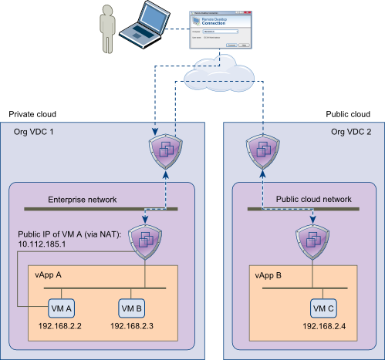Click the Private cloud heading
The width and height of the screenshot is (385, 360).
pyautogui.click(x=32, y=114)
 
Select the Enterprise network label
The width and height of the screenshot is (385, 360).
pyautogui.click(x=82, y=200)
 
